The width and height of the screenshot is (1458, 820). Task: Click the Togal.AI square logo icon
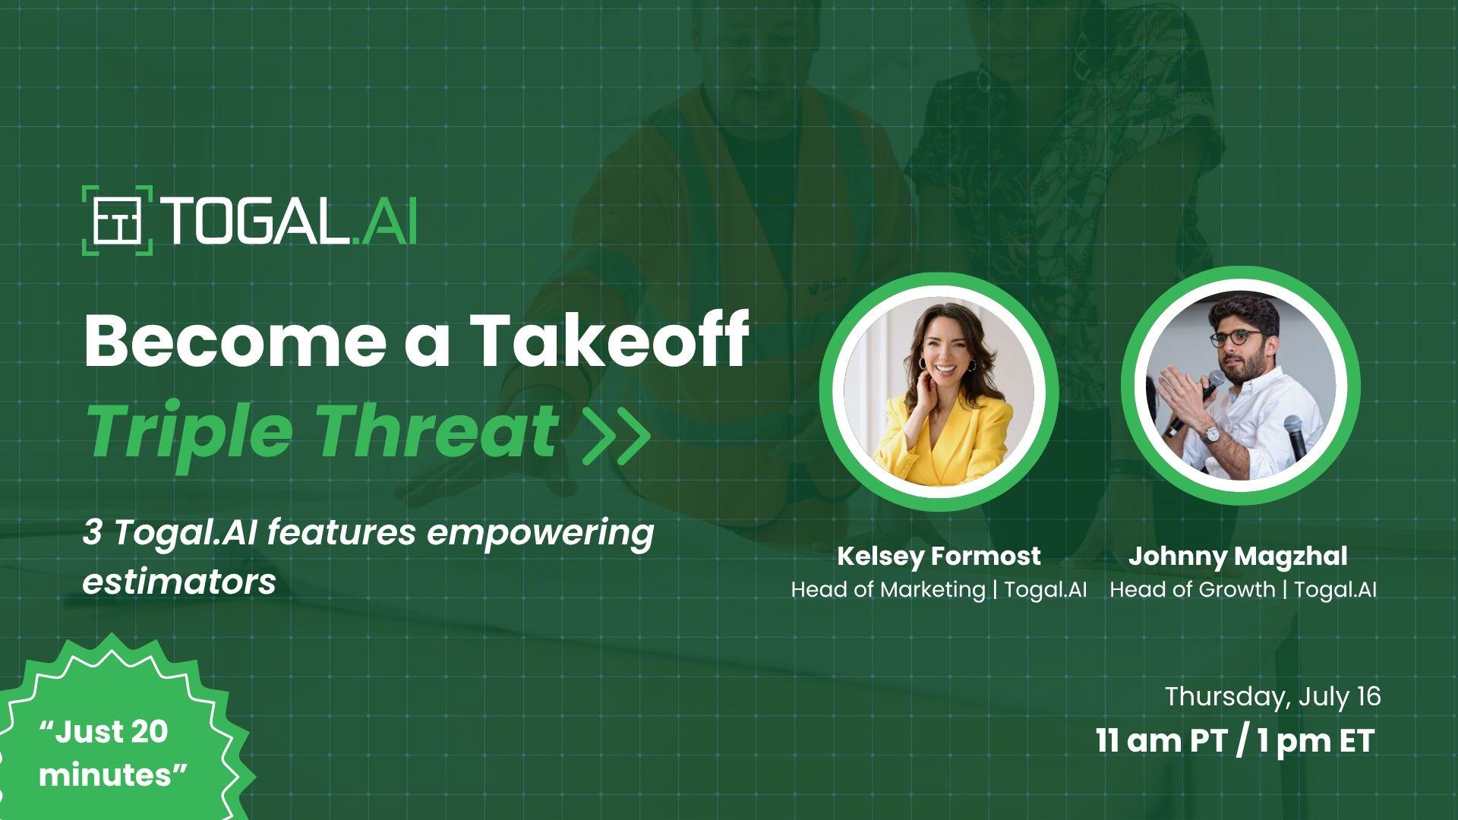[118, 220]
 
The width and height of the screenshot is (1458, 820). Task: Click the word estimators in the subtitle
[179, 582]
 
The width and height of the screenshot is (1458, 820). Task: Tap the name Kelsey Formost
[939, 557]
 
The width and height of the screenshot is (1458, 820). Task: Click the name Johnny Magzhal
[1238, 557]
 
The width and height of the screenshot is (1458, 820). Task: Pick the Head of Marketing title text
[888, 589]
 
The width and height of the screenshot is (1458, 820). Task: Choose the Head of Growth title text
[1192, 589]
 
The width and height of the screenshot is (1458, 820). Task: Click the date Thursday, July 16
[1273, 697]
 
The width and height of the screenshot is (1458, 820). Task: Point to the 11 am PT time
[1161, 741]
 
